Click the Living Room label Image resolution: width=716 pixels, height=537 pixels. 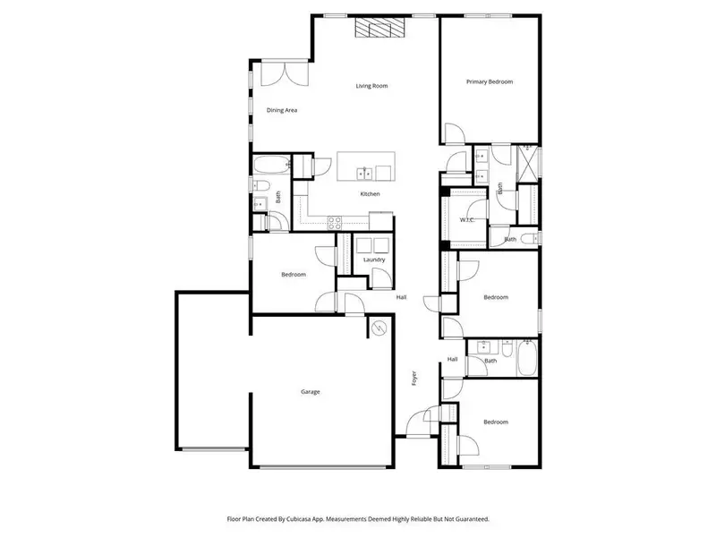[x=371, y=87]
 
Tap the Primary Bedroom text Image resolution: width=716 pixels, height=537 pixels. [x=490, y=81]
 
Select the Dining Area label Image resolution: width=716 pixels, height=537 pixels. [x=282, y=110]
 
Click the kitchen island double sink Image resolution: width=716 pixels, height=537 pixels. [x=364, y=173]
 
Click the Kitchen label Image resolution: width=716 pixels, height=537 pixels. [x=370, y=194]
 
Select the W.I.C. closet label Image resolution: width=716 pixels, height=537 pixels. [x=466, y=219]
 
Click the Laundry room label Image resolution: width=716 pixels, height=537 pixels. [x=374, y=260]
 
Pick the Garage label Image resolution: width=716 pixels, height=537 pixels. [x=311, y=391]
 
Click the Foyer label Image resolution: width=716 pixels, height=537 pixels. [x=414, y=379]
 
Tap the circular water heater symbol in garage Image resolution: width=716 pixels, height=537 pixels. [x=379, y=329]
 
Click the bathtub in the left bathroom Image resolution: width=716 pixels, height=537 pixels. [x=270, y=164]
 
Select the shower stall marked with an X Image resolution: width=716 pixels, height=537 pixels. [x=526, y=166]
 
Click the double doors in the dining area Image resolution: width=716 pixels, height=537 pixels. [x=276, y=73]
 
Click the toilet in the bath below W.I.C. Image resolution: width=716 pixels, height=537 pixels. [x=528, y=237]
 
